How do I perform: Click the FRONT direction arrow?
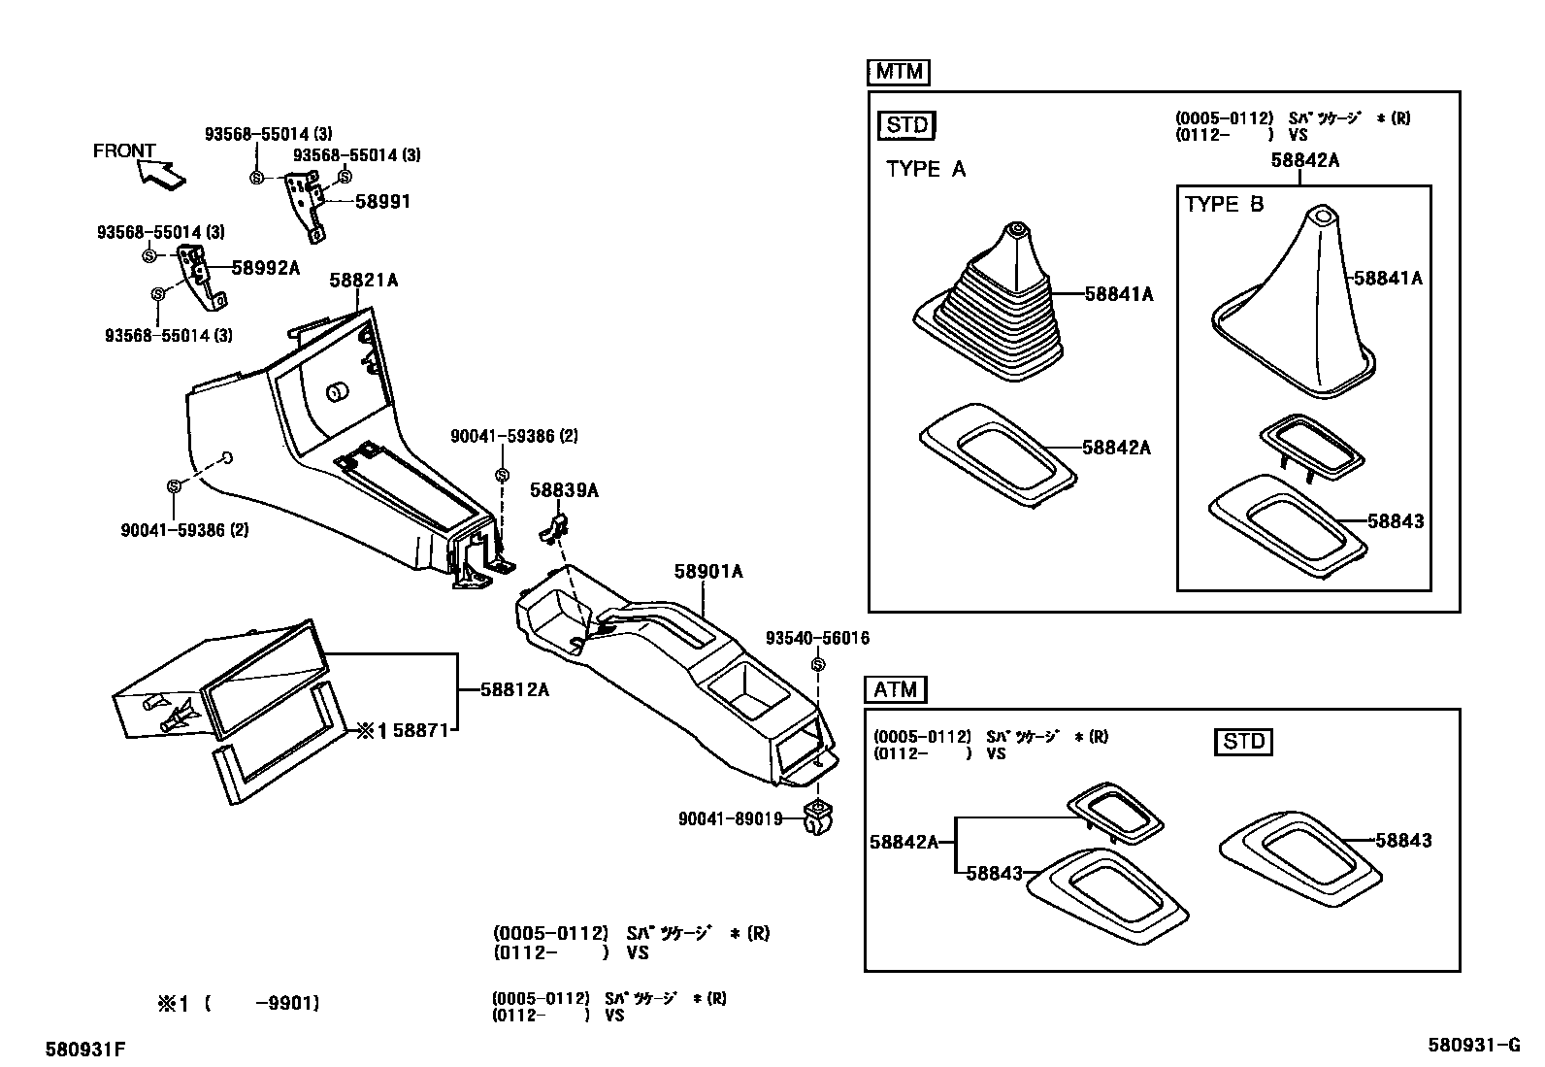[x=161, y=173]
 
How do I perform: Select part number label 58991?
[x=382, y=202]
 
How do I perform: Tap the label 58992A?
[x=265, y=268]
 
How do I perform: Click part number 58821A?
[x=363, y=280]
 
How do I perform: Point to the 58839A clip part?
[x=554, y=527]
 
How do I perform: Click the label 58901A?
[x=708, y=572]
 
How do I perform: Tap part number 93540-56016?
[x=817, y=638]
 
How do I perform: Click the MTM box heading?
[x=897, y=72]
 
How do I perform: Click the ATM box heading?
[x=895, y=689]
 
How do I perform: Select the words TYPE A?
[x=926, y=169]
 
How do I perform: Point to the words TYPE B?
[x=1224, y=204]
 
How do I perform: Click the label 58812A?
[x=514, y=689]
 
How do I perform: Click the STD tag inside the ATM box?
[x=1243, y=742]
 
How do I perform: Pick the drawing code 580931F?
[x=85, y=1050]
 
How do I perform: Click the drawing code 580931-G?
[x=1473, y=1045]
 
